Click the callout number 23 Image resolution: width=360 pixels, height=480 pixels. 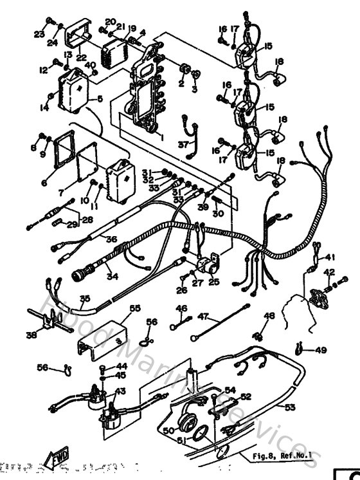[x=39, y=33]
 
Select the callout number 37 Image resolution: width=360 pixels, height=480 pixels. [x=183, y=144]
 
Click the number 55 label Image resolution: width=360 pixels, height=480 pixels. [x=134, y=309]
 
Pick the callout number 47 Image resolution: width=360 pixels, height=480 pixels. [x=204, y=317]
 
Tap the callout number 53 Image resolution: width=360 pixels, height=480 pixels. [x=290, y=407]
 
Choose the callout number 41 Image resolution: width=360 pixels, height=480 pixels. [x=330, y=257]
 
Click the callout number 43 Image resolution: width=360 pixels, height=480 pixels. [x=120, y=391]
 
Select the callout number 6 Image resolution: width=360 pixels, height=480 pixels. [x=44, y=182]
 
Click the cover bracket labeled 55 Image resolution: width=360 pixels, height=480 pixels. [x=102, y=332]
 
